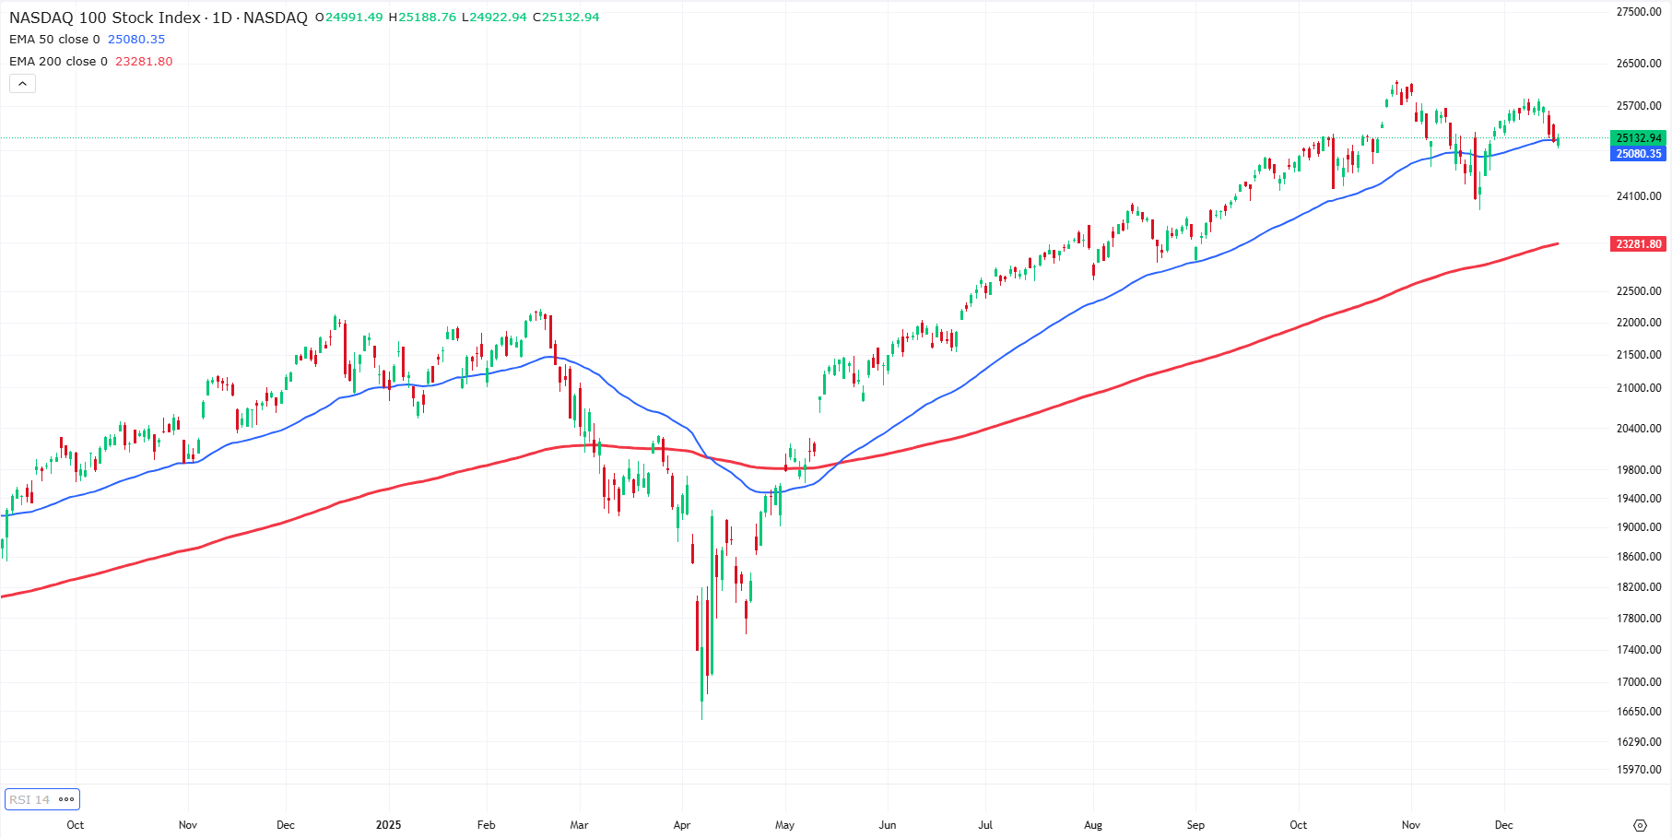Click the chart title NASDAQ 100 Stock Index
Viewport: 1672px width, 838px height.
[x=104, y=18]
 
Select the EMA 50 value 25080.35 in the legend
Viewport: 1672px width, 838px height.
[x=136, y=40]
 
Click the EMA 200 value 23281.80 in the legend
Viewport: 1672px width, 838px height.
[x=144, y=62]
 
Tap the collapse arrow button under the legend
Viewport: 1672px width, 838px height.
[x=22, y=84]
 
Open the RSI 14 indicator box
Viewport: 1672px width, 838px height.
[x=41, y=799]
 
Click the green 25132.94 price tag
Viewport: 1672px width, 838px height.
[x=1639, y=138]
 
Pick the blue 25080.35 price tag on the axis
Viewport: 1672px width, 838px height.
[x=1639, y=154]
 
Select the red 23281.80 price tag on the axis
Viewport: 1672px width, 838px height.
[x=1639, y=244]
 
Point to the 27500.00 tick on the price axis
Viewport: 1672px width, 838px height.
[x=1639, y=12]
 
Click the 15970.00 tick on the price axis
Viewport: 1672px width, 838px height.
[x=1639, y=770]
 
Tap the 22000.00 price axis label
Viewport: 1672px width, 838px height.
[x=1639, y=323]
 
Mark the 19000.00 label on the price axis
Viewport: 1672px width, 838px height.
[x=1639, y=527]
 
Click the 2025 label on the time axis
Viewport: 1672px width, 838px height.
[x=388, y=825]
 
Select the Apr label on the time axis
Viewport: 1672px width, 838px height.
[x=682, y=825]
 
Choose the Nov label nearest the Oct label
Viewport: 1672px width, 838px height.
[x=188, y=825]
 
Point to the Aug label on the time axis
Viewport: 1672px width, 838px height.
[x=1093, y=825]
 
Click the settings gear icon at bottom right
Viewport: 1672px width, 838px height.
[x=1640, y=825]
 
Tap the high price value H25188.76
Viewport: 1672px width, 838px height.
[x=423, y=18]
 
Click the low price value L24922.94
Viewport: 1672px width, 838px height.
[x=494, y=18]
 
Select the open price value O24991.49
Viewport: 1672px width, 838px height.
[x=349, y=18]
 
